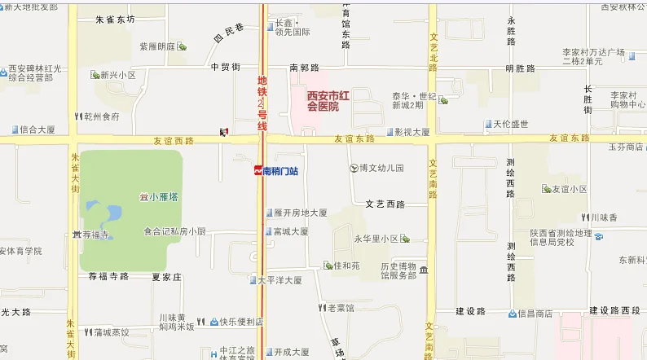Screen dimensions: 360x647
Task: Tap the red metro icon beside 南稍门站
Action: (x=257, y=171)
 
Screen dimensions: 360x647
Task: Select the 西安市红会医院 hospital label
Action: (x=333, y=101)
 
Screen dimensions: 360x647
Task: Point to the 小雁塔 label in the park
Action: (x=162, y=196)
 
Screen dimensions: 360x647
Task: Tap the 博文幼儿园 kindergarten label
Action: (x=381, y=168)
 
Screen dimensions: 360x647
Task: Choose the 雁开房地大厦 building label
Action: (x=300, y=213)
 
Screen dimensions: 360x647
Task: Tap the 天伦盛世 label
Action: (x=511, y=124)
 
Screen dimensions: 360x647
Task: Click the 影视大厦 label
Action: (x=412, y=131)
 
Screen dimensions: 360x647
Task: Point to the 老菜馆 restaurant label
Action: (x=340, y=308)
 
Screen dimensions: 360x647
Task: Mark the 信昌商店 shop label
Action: (x=535, y=313)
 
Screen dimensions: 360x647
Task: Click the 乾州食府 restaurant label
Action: (x=101, y=116)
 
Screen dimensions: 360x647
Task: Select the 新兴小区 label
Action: (x=117, y=75)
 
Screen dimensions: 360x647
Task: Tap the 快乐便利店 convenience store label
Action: (x=241, y=322)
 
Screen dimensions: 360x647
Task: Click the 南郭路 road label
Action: (x=304, y=68)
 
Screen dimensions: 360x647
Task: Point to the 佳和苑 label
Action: (x=346, y=266)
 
